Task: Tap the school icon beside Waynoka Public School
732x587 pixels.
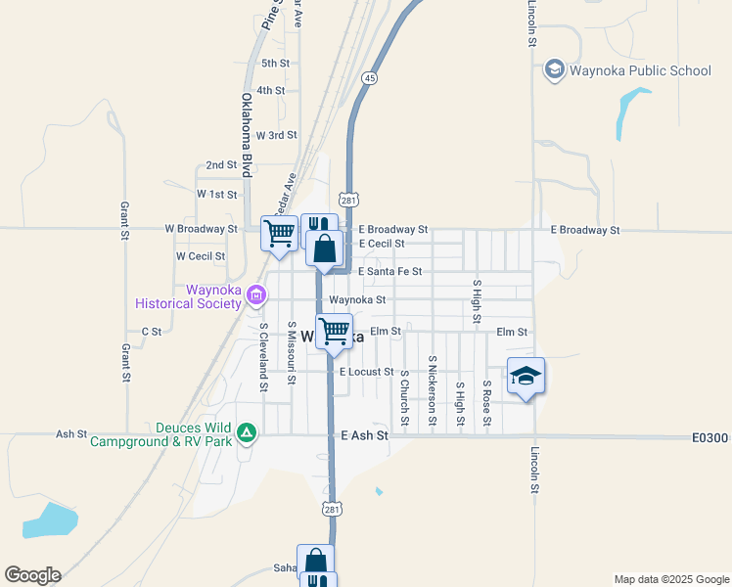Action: tap(555, 69)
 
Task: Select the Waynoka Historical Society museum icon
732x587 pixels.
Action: tap(256, 293)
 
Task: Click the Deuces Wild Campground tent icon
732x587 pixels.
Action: tap(248, 431)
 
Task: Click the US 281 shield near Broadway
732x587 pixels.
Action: tap(348, 199)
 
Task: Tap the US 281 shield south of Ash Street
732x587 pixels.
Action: tap(331, 509)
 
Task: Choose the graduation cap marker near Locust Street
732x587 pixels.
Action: tap(526, 377)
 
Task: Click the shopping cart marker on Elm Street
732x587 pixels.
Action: tap(334, 332)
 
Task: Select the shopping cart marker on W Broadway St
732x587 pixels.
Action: tap(280, 234)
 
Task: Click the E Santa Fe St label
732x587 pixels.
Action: tap(389, 271)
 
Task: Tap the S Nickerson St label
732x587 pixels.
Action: tap(432, 391)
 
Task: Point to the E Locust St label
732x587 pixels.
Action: tap(366, 372)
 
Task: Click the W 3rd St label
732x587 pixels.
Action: tap(276, 135)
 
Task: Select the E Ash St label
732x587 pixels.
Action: tap(364, 434)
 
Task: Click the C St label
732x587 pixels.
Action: tap(152, 332)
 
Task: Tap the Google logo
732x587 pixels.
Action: tap(32, 575)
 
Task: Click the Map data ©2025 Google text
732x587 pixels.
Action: tap(670, 579)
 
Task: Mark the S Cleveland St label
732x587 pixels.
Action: tap(263, 357)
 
